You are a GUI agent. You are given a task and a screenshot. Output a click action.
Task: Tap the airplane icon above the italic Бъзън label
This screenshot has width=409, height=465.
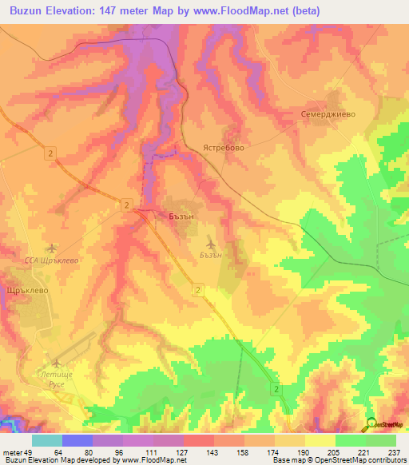(210, 242)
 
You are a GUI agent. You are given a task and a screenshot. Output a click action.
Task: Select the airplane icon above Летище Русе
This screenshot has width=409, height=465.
(56, 364)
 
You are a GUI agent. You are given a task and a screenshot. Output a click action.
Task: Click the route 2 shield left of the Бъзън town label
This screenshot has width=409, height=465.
(127, 205)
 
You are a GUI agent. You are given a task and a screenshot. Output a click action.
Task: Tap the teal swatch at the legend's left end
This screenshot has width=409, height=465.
(47, 441)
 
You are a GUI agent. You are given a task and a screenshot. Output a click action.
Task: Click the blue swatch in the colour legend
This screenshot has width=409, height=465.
(77, 441)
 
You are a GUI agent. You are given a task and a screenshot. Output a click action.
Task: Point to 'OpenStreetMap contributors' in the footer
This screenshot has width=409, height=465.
(363, 460)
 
